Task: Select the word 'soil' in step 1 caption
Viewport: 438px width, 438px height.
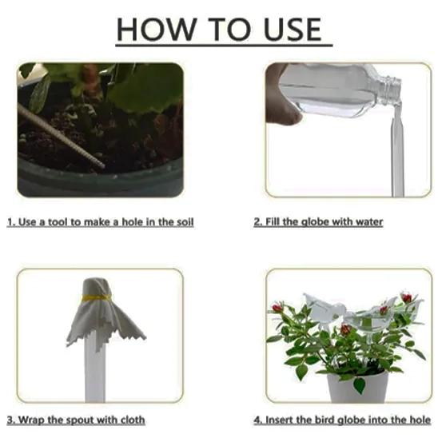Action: pyautogui.click(x=185, y=222)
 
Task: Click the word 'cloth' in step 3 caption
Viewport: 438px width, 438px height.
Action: pyautogui.click(x=133, y=420)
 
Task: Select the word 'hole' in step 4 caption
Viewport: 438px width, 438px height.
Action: pyautogui.click(x=420, y=420)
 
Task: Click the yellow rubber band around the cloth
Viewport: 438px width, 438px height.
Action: pyautogui.click(x=97, y=298)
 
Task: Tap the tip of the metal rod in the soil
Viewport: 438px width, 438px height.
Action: pyautogui.click(x=103, y=166)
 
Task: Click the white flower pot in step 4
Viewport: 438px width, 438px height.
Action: pyautogui.click(x=358, y=387)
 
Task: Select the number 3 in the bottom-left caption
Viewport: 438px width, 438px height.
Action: pyautogui.click(x=10, y=420)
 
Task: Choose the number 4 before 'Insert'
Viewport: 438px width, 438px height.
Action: pyautogui.click(x=257, y=420)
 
